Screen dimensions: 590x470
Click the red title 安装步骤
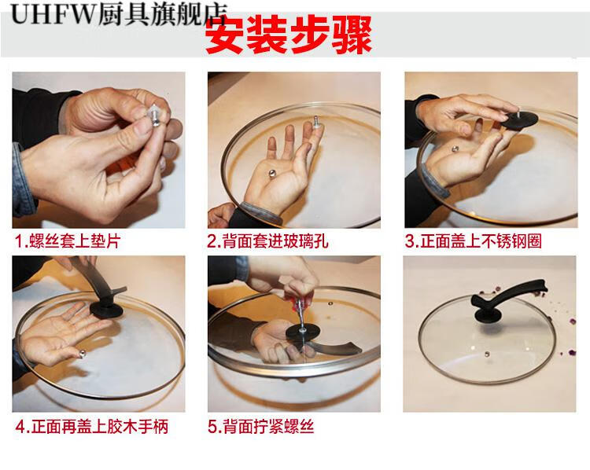point(289,35)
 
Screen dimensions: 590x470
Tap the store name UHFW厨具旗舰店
point(120,14)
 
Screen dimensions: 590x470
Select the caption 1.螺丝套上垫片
point(68,241)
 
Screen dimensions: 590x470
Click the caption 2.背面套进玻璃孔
point(267,241)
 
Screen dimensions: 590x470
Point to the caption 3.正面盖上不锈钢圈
point(473,241)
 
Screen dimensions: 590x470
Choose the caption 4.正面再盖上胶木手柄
point(92,427)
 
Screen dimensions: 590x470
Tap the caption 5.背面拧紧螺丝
point(260,427)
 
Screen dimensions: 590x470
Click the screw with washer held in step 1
point(155,115)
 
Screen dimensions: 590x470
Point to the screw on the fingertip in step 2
point(316,122)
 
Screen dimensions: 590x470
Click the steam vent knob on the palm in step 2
point(271,173)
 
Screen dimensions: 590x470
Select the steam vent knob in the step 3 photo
point(455,149)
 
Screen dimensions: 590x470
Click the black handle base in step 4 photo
point(106,310)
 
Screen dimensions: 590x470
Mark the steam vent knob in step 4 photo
point(82,353)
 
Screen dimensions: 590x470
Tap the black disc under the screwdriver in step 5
point(303,332)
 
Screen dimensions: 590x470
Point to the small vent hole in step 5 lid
point(330,303)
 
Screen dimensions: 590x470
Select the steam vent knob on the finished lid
point(487,354)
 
